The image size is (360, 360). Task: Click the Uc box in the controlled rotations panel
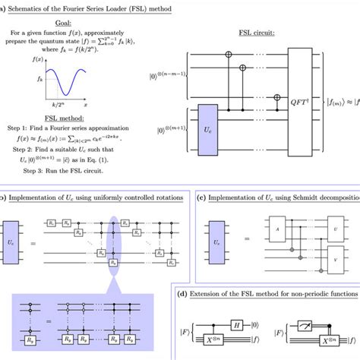[x=17, y=229]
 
